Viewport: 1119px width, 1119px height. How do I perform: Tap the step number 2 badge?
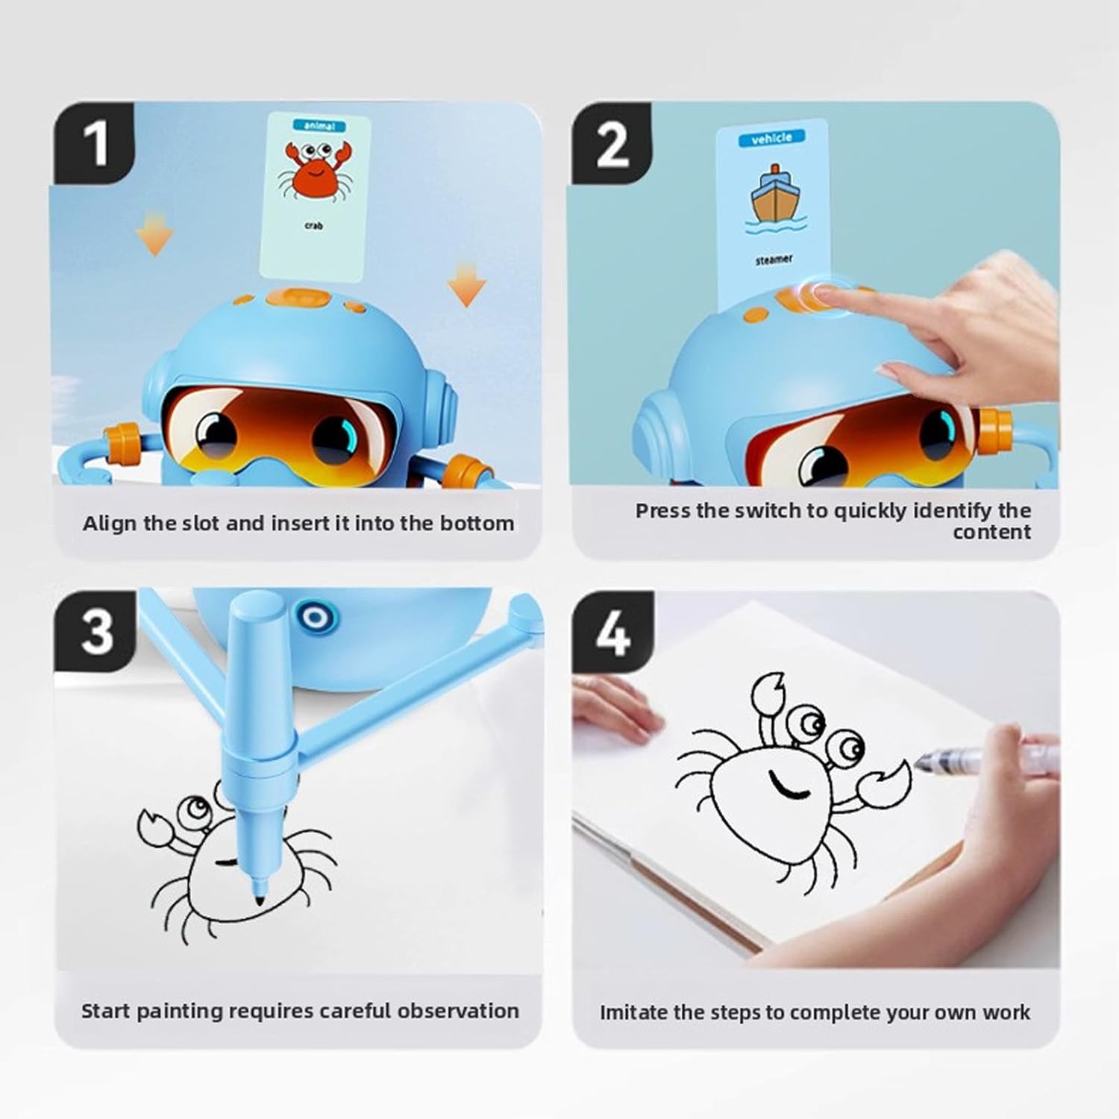[x=612, y=143]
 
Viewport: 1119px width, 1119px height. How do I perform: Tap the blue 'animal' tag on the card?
[x=319, y=126]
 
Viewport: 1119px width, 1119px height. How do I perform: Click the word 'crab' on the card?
[x=314, y=225]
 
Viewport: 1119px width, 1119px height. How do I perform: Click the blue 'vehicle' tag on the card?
[x=771, y=139]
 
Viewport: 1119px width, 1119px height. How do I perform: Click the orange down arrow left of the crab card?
[x=154, y=233]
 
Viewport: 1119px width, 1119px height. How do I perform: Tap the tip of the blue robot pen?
[x=260, y=900]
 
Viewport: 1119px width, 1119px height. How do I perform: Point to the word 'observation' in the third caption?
[x=458, y=1011]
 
